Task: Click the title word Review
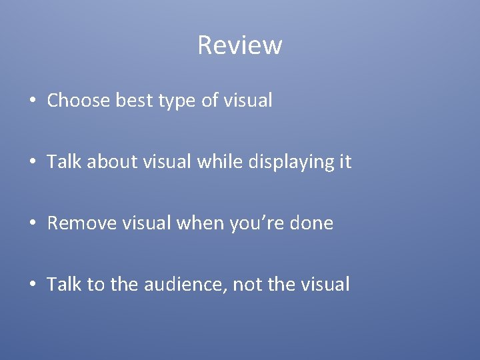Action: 240,45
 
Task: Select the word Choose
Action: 79,101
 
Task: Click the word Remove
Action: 83,223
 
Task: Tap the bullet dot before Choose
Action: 33,101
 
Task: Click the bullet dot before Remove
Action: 33,224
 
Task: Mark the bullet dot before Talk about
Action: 33,163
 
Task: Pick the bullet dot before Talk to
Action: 33,285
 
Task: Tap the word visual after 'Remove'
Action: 150,223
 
